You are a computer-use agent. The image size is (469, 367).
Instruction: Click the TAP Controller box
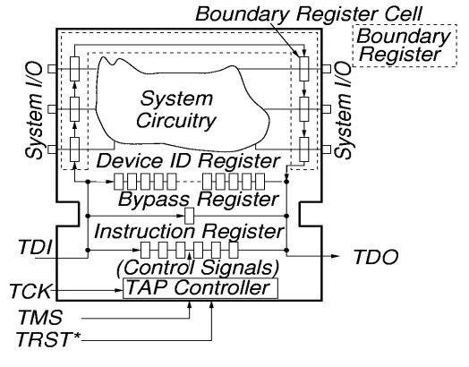point(196,288)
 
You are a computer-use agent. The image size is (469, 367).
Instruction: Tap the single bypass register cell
point(189,216)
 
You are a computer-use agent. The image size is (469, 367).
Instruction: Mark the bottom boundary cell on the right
point(305,149)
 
